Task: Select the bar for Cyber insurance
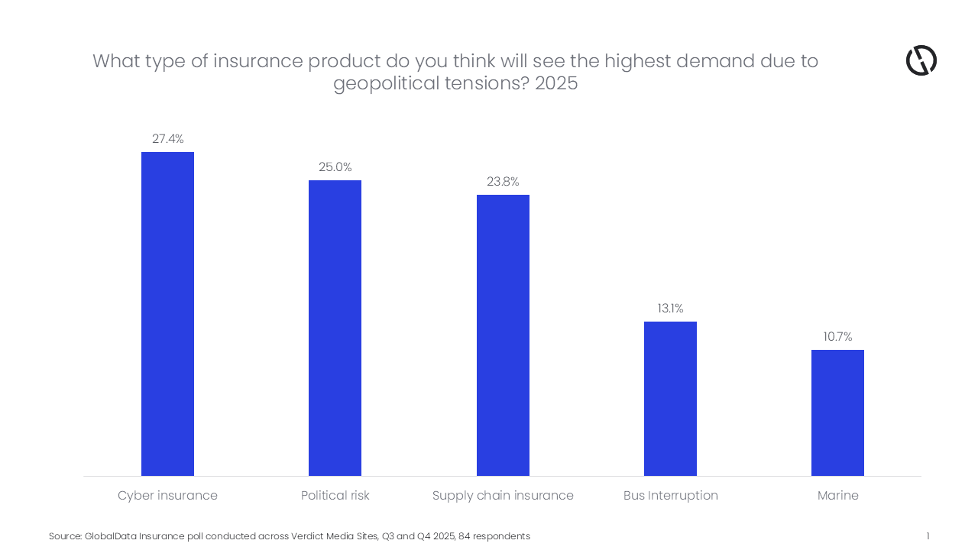pos(167,314)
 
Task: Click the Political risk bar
pos(335,328)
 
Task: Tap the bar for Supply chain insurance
pos(503,335)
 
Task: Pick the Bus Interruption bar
pos(670,399)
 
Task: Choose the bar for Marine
pos(837,412)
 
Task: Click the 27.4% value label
pos(168,139)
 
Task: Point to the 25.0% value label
pos(335,167)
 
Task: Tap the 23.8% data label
pos(503,182)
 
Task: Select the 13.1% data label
pos(670,309)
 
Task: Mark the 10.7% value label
pos(837,337)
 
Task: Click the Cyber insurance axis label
pos(167,496)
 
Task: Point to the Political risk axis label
pos(335,496)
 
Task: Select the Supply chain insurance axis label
pos(503,496)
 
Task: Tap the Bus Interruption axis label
pos(670,496)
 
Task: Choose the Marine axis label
pos(837,496)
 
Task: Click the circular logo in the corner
pos(921,60)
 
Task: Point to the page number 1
pos(928,536)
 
